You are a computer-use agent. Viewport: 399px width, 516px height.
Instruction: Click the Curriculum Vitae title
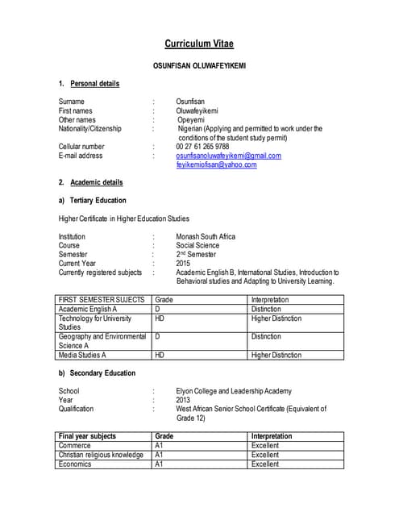199,44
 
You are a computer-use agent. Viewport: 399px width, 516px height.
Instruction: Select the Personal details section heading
94,84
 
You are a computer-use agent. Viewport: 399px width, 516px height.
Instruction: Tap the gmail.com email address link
228,156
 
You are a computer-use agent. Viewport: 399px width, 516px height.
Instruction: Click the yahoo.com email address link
216,164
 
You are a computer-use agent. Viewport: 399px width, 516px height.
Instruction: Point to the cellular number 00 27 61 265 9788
202,147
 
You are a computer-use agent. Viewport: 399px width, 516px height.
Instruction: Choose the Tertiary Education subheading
98,200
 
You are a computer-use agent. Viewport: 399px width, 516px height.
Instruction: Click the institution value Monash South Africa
206,237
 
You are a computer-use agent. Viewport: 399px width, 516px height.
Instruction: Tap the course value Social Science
197,246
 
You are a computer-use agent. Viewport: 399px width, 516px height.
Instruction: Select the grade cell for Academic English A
201,309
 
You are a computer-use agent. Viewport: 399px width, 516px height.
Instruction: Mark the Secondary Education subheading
102,373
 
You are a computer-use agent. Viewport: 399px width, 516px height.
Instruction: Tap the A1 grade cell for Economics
201,464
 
